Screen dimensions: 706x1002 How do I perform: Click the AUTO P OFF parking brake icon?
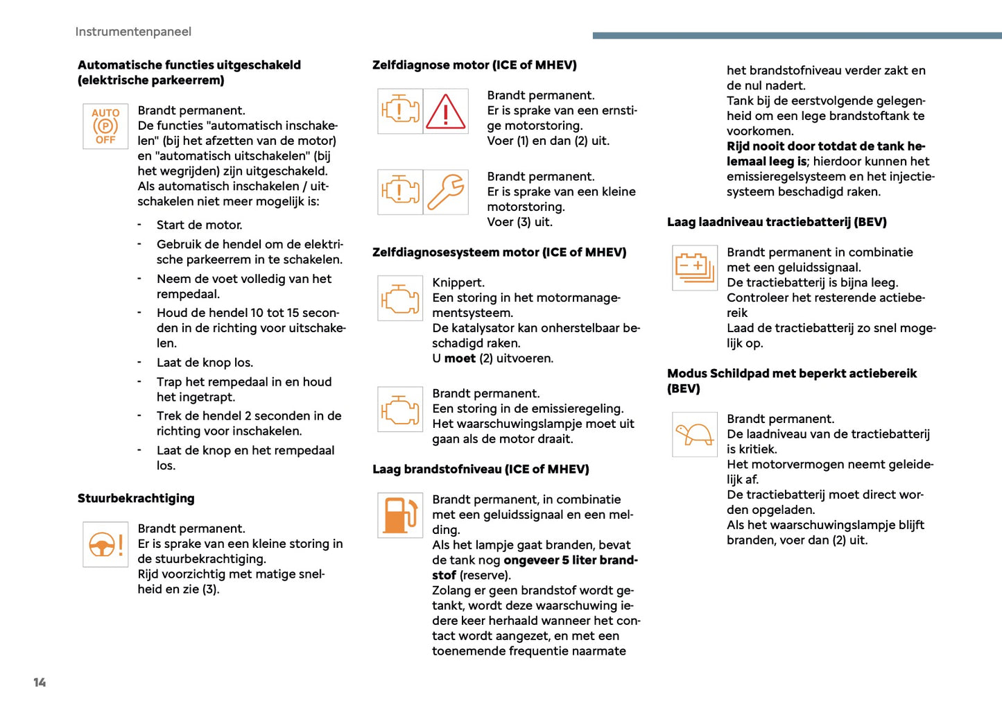(x=105, y=126)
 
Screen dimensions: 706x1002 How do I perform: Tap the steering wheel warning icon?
(x=105, y=544)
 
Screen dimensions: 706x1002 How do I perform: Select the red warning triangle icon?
(x=445, y=112)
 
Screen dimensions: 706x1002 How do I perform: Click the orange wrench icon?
(x=445, y=192)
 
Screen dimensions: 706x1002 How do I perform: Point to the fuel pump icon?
(x=400, y=515)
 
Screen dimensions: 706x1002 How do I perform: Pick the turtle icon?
(x=694, y=435)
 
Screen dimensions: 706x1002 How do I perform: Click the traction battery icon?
(x=694, y=268)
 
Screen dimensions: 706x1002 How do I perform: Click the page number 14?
(x=40, y=682)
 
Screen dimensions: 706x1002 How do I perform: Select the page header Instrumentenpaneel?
(x=133, y=32)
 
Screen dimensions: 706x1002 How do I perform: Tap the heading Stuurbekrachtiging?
(x=136, y=499)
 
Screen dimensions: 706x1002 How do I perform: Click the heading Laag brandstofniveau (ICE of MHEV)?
(x=481, y=470)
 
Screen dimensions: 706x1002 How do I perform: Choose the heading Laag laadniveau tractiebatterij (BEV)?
(x=777, y=223)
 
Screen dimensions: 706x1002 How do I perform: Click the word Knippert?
(x=458, y=283)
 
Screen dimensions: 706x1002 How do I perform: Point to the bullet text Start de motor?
(x=199, y=225)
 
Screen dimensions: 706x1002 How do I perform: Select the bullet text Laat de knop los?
(x=205, y=363)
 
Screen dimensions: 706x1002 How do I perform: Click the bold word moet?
(x=460, y=359)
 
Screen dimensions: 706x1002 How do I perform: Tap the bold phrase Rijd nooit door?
(x=768, y=146)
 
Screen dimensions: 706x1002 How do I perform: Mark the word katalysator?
(x=486, y=328)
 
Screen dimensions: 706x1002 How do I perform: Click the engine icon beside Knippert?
(x=400, y=298)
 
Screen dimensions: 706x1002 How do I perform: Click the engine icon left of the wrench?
(x=400, y=192)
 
